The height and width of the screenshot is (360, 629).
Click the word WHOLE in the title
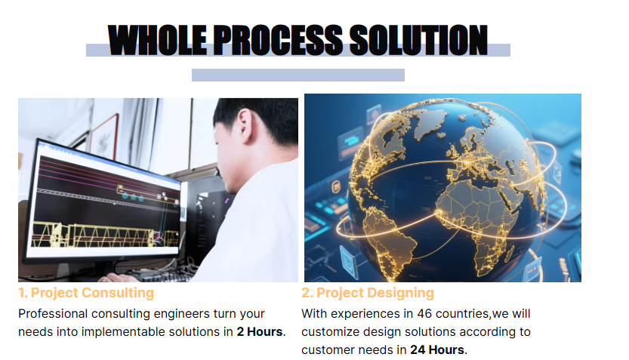(157, 40)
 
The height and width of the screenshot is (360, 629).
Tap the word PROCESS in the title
(278, 40)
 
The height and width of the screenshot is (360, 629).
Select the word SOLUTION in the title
(418, 40)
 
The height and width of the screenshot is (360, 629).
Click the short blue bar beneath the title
(298, 75)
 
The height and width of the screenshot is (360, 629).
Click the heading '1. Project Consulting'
(86, 293)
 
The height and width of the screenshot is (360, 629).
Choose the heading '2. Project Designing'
(368, 293)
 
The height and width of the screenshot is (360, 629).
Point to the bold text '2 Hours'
(260, 332)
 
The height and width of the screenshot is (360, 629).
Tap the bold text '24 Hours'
(437, 350)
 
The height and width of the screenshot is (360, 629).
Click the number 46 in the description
(424, 313)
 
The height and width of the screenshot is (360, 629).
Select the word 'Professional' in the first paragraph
(53, 313)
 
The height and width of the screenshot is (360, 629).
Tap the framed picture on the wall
(104, 137)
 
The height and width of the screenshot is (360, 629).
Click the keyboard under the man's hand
(160, 277)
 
